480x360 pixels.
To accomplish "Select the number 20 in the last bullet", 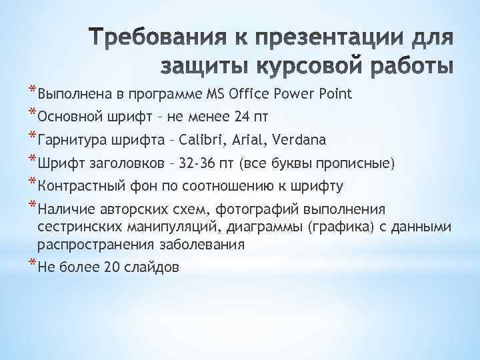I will coord(111,267).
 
